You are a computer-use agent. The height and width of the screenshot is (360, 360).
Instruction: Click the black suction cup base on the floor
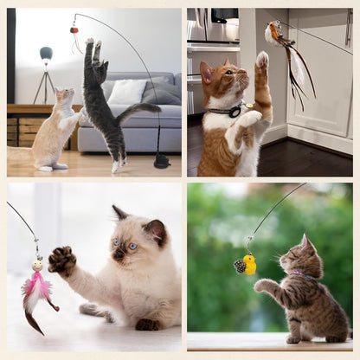pos(162,161)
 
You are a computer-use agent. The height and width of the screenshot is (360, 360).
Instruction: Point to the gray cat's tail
pos(138,110)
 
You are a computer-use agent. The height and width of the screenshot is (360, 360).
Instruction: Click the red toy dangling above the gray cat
pos(75,30)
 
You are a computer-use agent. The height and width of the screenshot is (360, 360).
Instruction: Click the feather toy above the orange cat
pos(286,52)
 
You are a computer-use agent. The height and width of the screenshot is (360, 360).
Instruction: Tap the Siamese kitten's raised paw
pos(61,260)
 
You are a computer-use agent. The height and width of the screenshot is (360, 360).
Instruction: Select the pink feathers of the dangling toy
pos(37,290)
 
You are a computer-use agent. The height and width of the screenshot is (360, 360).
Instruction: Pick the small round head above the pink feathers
pos(37,267)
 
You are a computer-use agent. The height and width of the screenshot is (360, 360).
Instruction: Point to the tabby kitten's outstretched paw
pos(263,285)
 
